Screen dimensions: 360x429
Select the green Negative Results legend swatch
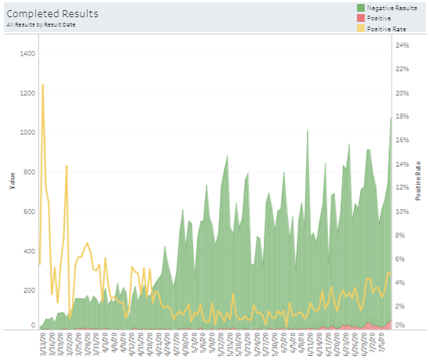(x=342, y=7)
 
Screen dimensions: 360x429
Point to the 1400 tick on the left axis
(x=27, y=54)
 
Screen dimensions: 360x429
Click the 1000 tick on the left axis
(x=27, y=133)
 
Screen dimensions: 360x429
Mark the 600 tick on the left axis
(x=28, y=211)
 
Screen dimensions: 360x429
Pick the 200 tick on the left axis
(x=28, y=290)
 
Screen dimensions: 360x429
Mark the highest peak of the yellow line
(x=42, y=85)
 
